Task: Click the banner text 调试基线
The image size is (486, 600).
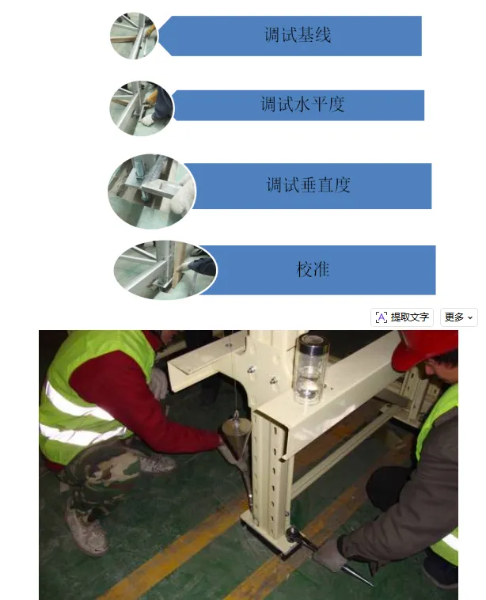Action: click(298, 35)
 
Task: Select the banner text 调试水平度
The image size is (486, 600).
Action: click(302, 104)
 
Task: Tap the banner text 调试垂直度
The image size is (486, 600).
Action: click(308, 184)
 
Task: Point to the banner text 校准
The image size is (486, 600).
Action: click(313, 269)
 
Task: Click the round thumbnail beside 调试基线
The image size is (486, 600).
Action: click(134, 36)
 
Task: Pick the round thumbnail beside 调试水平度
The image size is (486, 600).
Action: click(142, 108)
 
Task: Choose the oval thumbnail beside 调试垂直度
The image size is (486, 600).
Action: click(151, 192)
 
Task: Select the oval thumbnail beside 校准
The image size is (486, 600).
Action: click(165, 270)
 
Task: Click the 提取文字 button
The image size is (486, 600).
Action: click(402, 317)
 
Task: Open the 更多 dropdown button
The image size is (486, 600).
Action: click(459, 317)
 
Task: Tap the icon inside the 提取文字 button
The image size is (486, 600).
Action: click(382, 317)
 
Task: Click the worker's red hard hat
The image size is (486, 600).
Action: click(427, 348)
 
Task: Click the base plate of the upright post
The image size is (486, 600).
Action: click(271, 536)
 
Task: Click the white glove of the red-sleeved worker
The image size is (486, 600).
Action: click(158, 382)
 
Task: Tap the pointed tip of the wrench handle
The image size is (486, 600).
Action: click(372, 586)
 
